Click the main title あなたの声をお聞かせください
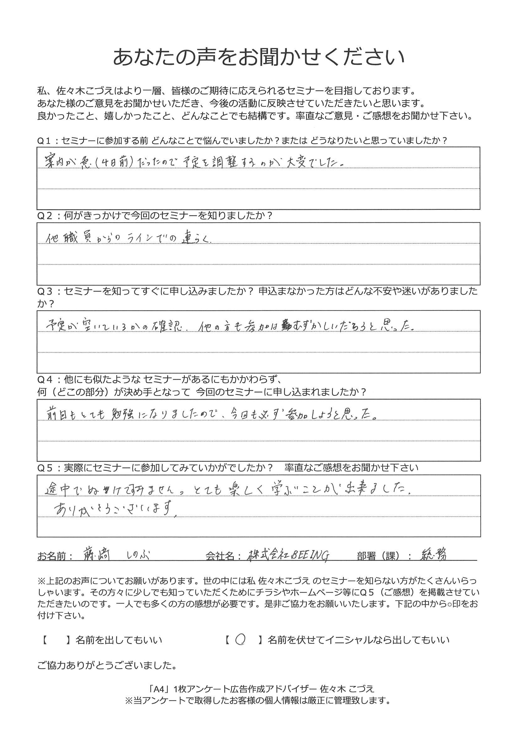coord(259,57)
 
